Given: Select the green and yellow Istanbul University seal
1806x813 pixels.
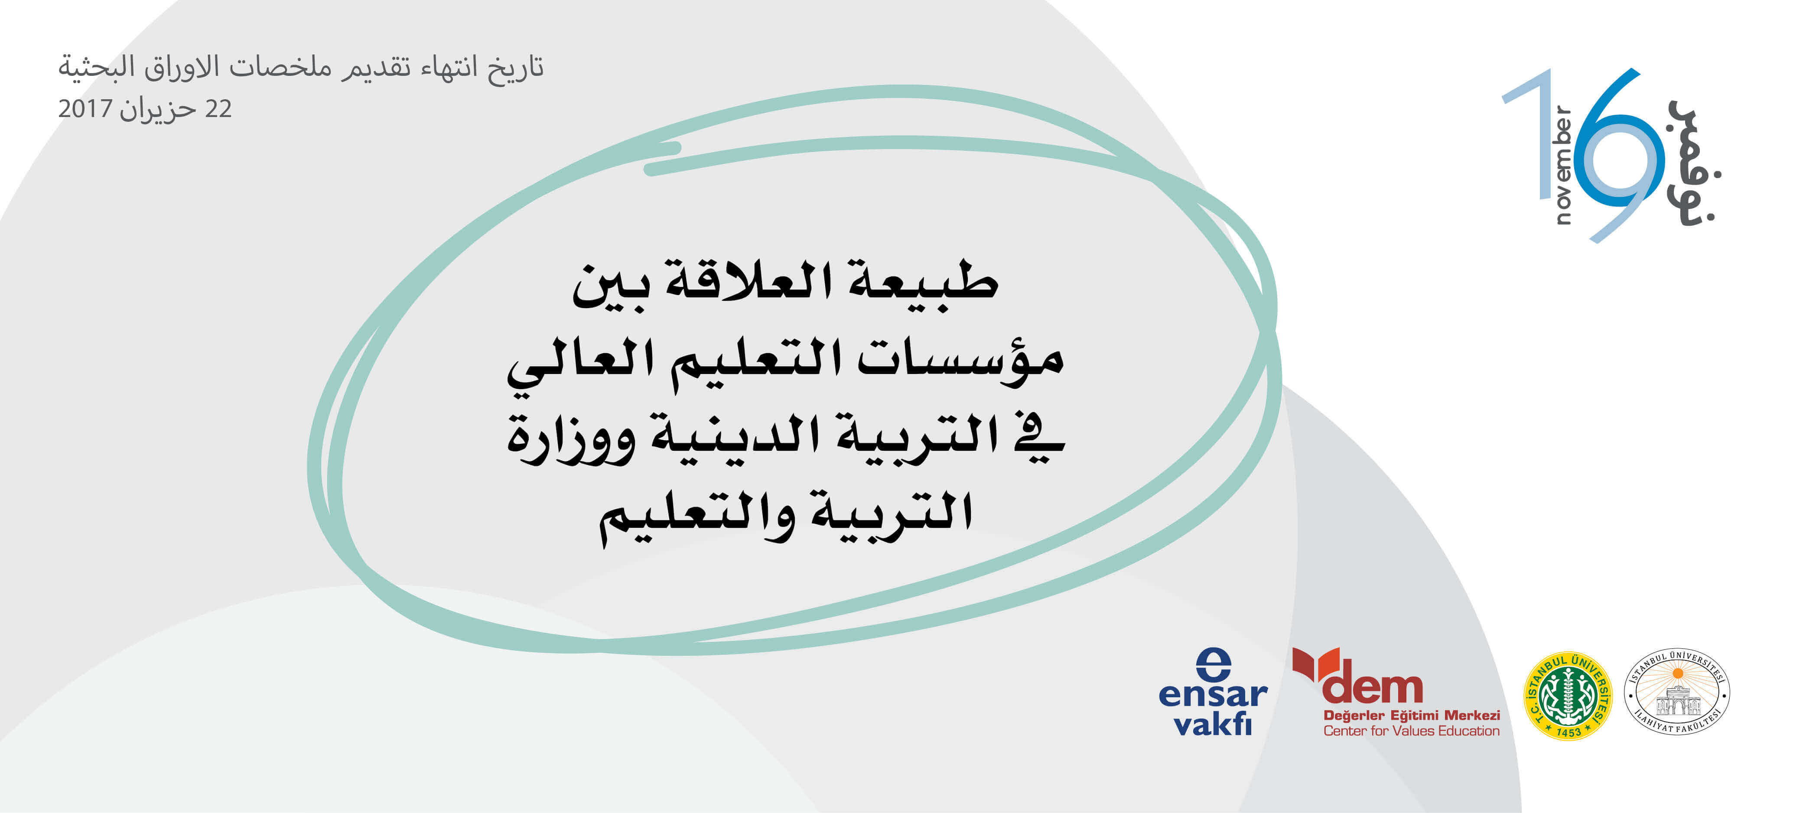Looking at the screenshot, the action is click(x=1568, y=695).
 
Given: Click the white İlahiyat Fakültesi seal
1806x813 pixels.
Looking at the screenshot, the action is click(x=1677, y=691).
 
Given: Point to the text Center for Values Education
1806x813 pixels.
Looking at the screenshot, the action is click(x=1411, y=731).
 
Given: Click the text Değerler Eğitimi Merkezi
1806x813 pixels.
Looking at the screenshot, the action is click(x=1411, y=715).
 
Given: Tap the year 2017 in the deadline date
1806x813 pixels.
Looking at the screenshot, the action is click(x=85, y=109).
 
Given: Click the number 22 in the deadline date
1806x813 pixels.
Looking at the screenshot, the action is click(x=218, y=109).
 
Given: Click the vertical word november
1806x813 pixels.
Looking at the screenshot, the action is click(x=1563, y=165).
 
